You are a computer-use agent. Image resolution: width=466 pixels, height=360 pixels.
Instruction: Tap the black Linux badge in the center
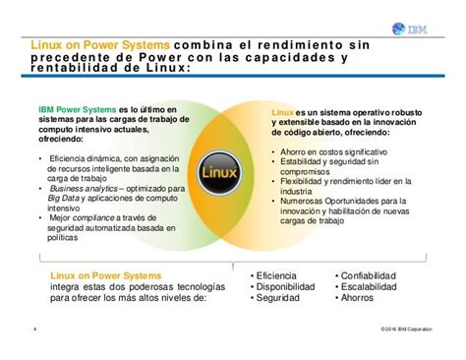233,170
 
